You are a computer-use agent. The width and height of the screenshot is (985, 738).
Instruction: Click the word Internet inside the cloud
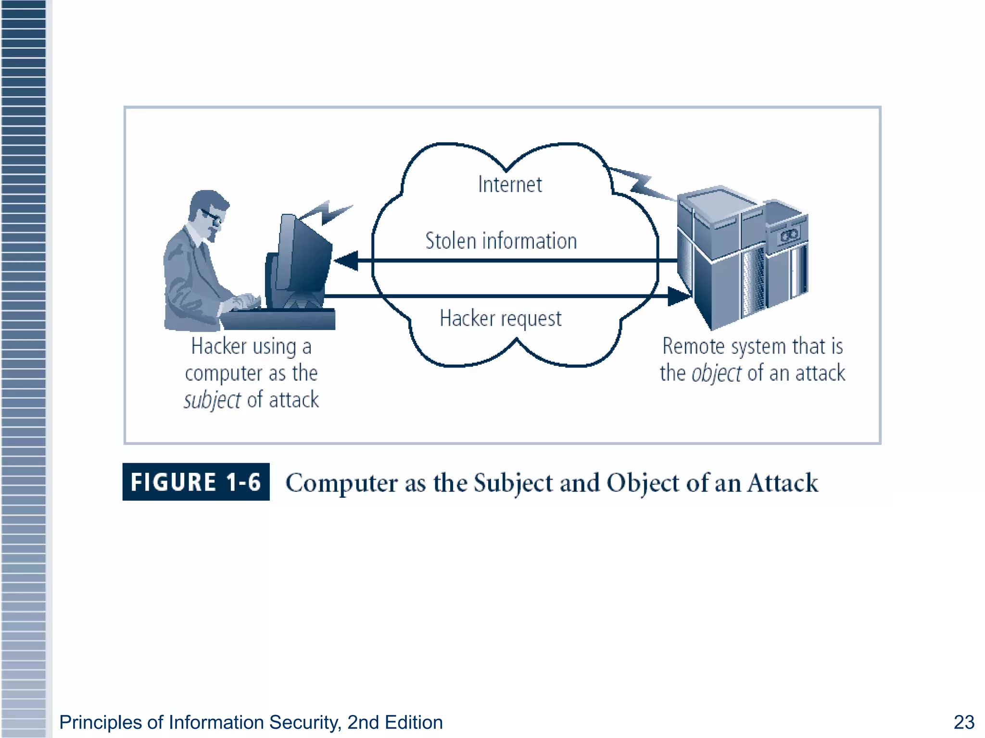[510, 184]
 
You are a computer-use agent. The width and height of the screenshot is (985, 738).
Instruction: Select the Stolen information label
[501, 241]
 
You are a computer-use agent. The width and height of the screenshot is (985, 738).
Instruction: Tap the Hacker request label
[500, 319]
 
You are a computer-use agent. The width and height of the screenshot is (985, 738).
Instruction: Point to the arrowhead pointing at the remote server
[680, 296]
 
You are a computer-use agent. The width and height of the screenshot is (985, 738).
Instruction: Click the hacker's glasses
[212, 216]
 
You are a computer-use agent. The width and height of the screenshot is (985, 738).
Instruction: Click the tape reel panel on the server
[788, 235]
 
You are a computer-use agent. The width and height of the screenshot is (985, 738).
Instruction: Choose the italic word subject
[212, 400]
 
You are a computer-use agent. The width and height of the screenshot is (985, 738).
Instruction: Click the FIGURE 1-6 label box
[196, 482]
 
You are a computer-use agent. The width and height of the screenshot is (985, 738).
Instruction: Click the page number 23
[963, 722]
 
